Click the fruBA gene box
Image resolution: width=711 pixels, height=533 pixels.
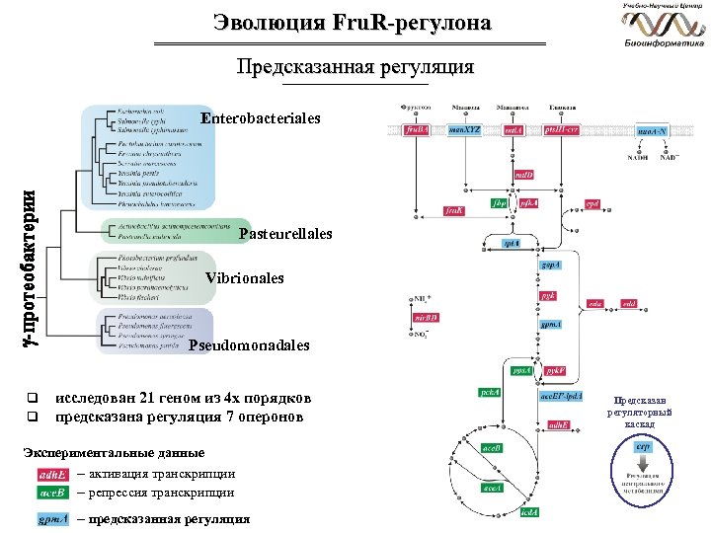419,129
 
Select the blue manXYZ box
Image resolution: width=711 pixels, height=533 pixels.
464,129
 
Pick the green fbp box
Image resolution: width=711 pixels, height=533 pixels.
500,203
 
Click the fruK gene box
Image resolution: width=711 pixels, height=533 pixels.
453,211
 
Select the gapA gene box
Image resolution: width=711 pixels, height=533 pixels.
548,266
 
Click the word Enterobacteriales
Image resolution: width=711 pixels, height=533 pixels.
261,118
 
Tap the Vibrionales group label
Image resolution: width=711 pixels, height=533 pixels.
245,279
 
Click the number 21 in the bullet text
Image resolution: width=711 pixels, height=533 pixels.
147,398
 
